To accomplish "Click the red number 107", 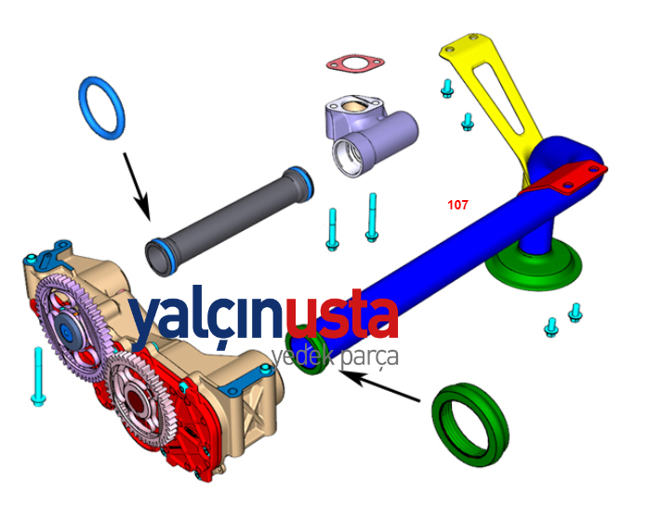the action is point(457,205).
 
